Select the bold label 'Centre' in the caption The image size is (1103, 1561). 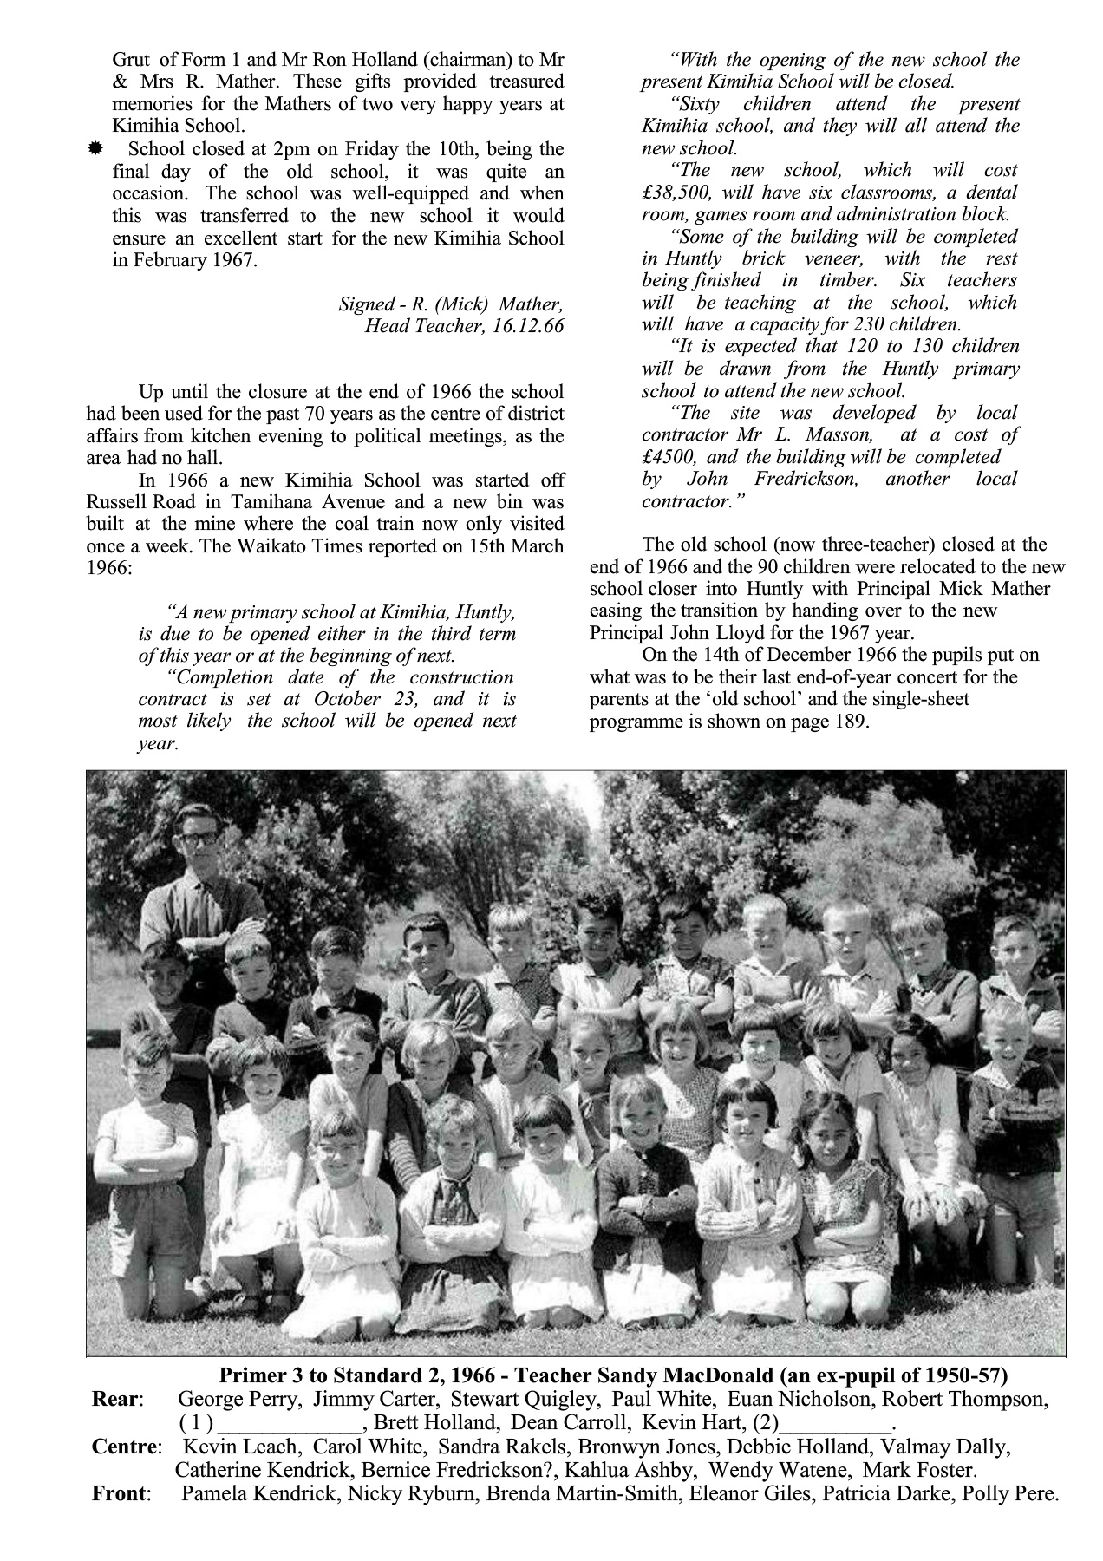click(x=125, y=1447)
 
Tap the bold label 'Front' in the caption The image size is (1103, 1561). click(x=121, y=1493)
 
